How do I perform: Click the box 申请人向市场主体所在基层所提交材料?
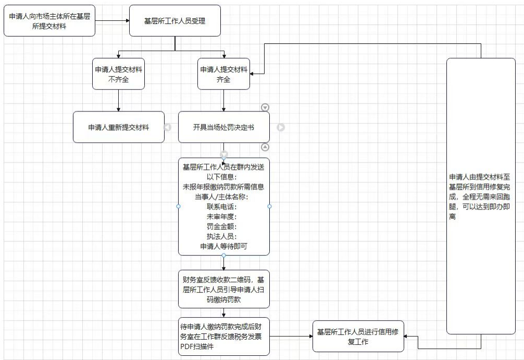49,20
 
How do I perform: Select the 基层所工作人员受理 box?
174,21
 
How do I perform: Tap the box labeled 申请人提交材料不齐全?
118,75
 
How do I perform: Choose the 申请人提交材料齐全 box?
223,75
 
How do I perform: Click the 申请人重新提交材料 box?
118,127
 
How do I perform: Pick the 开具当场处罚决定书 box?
223,127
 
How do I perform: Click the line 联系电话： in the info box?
223,206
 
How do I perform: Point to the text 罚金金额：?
223,226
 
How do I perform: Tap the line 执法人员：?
223,236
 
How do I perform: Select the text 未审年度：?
223,216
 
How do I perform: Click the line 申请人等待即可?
223,246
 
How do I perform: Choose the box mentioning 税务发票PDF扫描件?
223,336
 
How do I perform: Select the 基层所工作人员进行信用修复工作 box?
358,336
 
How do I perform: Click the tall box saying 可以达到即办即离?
480,196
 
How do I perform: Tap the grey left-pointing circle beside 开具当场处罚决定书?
168,127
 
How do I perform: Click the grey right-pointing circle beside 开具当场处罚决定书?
281,127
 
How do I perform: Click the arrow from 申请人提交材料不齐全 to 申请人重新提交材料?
118,100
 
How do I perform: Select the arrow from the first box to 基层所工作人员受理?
112,21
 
